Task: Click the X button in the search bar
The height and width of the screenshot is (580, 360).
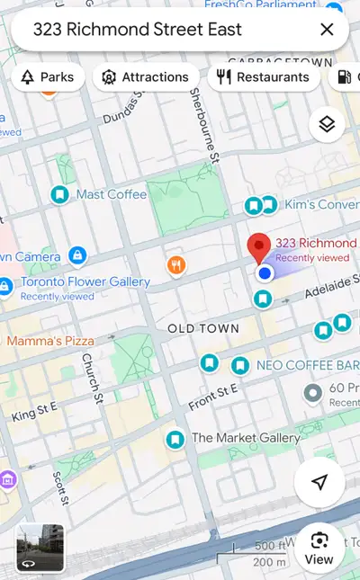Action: point(327,30)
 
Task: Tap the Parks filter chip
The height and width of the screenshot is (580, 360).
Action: point(48,77)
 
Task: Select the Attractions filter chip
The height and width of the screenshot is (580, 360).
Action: point(146,77)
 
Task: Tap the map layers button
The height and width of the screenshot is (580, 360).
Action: point(327,125)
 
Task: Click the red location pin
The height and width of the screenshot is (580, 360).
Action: point(259,245)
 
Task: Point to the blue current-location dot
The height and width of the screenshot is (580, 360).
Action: point(264,272)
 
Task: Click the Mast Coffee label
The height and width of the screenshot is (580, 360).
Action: point(111,194)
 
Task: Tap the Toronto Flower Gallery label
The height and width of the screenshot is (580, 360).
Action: point(85,281)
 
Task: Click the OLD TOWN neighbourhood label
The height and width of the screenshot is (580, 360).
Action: point(203,329)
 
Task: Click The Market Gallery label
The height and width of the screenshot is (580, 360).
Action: point(245,438)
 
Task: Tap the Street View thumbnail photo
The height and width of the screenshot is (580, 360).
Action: point(40,548)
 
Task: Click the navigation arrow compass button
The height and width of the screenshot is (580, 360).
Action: point(319,483)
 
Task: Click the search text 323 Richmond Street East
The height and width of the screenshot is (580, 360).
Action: point(138,30)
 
